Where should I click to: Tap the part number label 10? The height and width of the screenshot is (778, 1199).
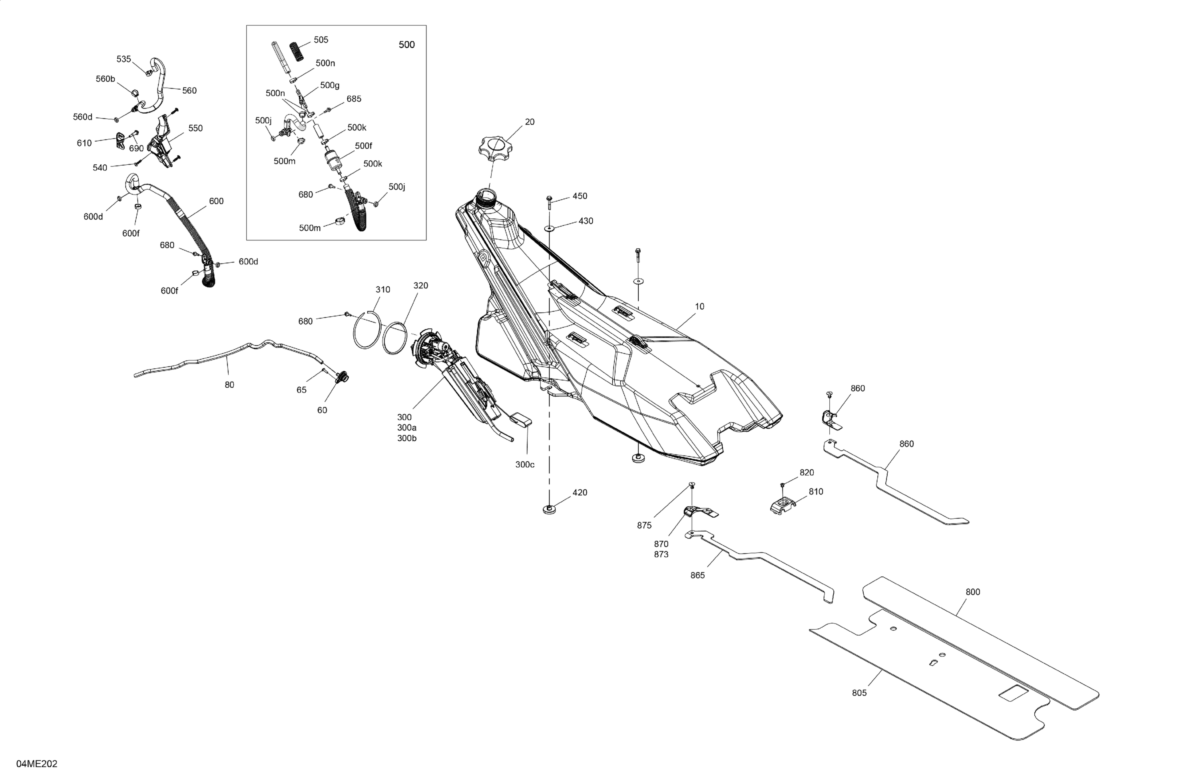pyautogui.click(x=699, y=306)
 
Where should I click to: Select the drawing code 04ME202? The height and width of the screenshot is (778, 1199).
pyautogui.click(x=37, y=764)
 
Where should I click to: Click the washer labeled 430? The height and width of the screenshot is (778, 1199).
pyautogui.click(x=549, y=228)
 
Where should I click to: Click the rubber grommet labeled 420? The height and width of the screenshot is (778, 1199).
pyautogui.click(x=549, y=509)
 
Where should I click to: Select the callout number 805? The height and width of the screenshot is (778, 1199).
pyautogui.click(x=859, y=693)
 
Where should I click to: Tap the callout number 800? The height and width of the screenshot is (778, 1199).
pyautogui.click(x=972, y=592)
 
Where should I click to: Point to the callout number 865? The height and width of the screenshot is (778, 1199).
pyautogui.click(x=697, y=575)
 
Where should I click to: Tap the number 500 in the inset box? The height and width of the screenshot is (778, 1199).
pyautogui.click(x=406, y=45)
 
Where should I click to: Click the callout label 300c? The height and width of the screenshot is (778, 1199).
pyautogui.click(x=524, y=464)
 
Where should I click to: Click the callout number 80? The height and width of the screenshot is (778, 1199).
pyautogui.click(x=229, y=385)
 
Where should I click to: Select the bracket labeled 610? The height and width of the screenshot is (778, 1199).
pyautogui.click(x=120, y=141)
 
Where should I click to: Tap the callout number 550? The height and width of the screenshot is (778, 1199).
pyautogui.click(x=195, y=128)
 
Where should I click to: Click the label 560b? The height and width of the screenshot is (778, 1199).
pyautogui.click(x=105, y=79)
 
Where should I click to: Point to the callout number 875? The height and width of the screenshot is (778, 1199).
pyautogui.click(x=644, y=525)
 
